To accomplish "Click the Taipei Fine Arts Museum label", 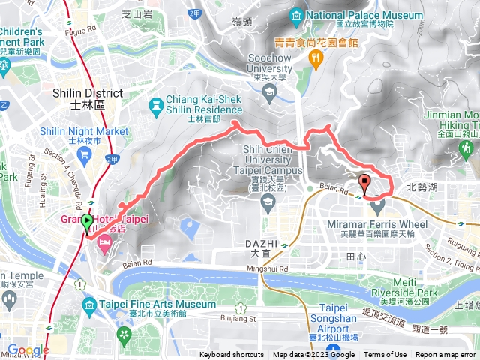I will click(x=156, y=304).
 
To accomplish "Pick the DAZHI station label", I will click(x=262, y=244).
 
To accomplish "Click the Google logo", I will click(x=28, y=349).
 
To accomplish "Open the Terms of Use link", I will click(x=385, y=355).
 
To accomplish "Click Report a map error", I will click(x=447, y=355).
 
